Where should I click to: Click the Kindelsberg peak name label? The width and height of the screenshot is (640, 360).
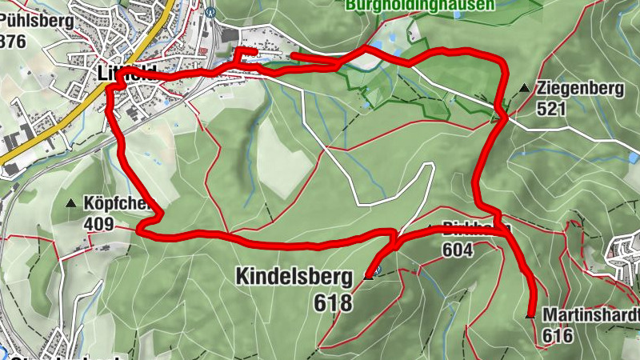(294, 277)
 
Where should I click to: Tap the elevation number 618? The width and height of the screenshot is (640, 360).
(334, 302)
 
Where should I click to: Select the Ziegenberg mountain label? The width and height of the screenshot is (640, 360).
(580, 89)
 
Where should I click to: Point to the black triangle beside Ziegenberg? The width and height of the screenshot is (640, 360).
(524, 87)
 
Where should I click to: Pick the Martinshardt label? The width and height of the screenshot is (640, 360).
(590, 314)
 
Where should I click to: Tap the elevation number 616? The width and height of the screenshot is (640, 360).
(558, 335)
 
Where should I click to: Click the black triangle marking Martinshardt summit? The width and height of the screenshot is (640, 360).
(530, 316)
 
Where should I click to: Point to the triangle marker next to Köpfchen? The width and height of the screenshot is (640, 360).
(71, 203)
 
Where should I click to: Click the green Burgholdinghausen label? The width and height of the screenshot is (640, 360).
(419, 5)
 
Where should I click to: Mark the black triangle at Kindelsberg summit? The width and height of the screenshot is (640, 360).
(370, 276)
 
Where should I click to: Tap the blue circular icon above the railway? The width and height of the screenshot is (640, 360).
(211, 11)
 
